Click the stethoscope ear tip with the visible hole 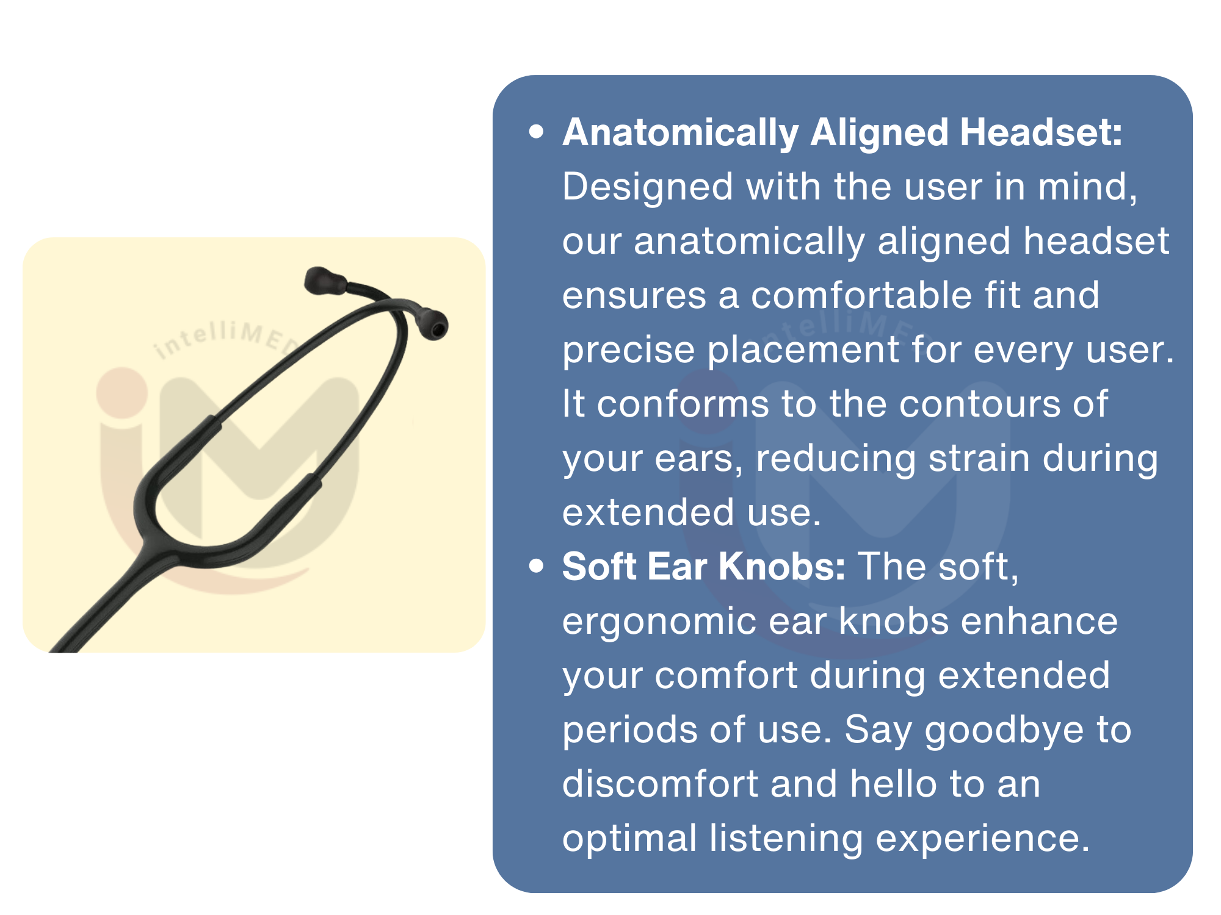434,325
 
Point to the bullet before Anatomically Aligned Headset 537,132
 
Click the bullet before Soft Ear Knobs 537,566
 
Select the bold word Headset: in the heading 1041,132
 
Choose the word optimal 629,839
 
